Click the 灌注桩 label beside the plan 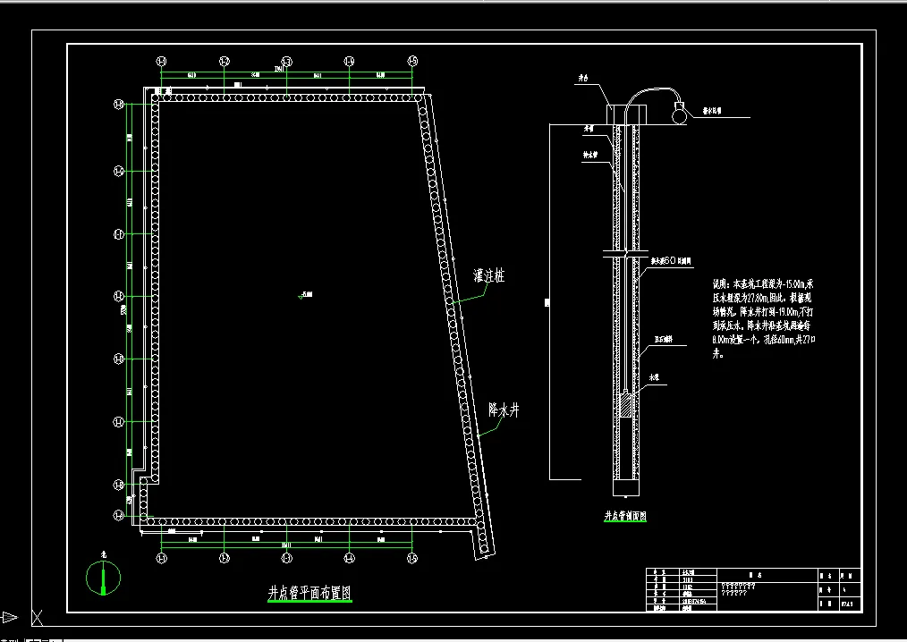pos(487,276)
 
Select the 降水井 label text pos(504,410)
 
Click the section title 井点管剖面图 pos(625,516)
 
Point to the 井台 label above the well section pos(582,79)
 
